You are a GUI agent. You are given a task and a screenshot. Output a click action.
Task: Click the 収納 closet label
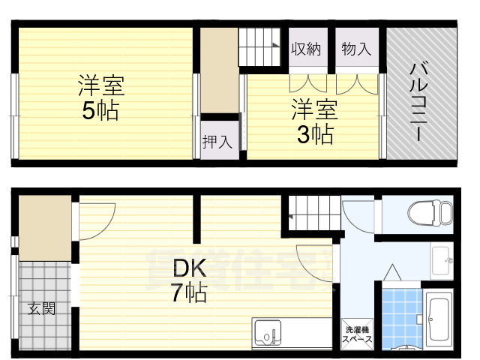[x=306, y=49]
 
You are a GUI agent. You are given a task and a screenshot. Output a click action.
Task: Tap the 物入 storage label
[x=356, y=49]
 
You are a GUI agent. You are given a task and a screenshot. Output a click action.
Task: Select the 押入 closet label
[x=217, y=142]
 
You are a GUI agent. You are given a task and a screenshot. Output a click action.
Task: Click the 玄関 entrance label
[x=42, y=308]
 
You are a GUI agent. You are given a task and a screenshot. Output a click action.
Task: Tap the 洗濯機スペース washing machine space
[x=357, y=334]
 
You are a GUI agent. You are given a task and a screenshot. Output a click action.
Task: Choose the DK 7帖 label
[x=187, y=279]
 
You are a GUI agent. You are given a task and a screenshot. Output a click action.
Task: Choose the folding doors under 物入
[x=357, y=81]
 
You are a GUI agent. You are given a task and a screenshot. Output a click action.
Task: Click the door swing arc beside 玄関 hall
[x=94, y=218]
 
